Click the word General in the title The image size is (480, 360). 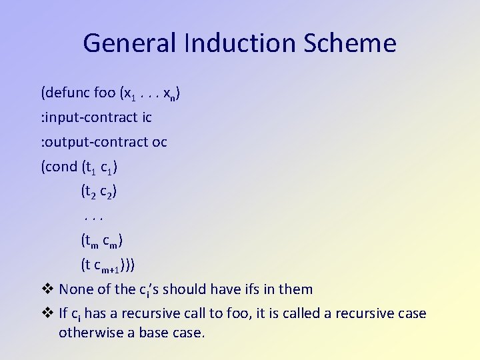(x=128, y=44)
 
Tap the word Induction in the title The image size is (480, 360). (x=239, y=44)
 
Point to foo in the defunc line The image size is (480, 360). (x=105, y=93)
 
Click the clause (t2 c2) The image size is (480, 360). (x=99, y=192)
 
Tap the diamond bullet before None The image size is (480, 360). (x=47, y=289)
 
